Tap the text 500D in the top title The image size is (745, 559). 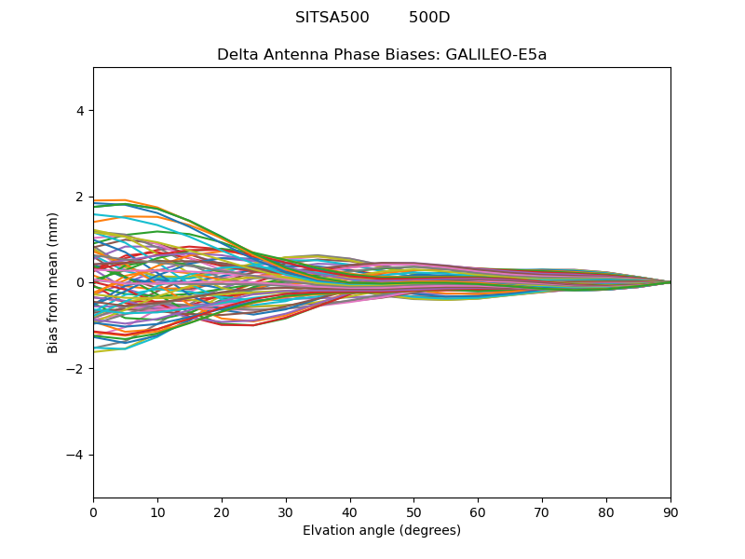429,18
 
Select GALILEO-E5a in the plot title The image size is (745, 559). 496,54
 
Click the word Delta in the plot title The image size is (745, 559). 237,54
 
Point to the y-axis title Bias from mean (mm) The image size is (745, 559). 53,282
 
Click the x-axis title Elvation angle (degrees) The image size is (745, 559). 382,530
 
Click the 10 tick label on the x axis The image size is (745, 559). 157,511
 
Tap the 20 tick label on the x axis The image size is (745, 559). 222,511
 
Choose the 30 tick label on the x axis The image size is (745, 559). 286,511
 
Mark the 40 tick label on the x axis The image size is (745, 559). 350,511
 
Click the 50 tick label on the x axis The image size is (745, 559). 413,511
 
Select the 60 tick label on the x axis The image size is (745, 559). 478,511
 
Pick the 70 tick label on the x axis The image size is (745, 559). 542,511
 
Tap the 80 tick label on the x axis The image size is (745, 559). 606,511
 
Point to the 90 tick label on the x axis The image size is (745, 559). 670,511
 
